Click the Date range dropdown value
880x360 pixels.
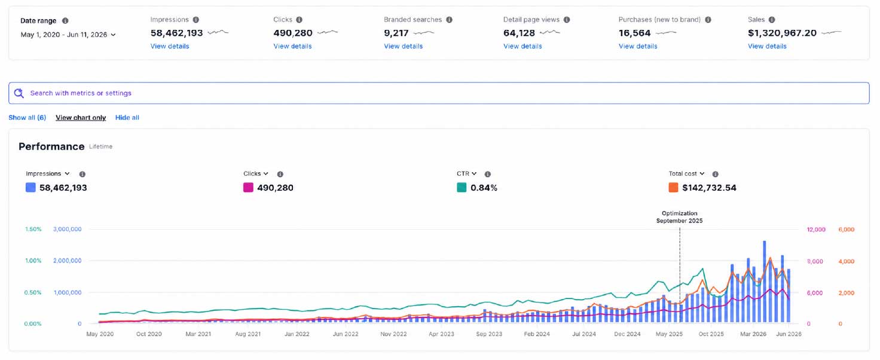pyautogui.click(x=68, y=35)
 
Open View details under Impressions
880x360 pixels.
pyautogui.click(x=170, y=46)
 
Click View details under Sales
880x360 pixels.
pyautogui.click(x=767, y=46)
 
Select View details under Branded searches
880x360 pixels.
pyautogui.click(x=403, y=46)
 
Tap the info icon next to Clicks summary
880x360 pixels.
pyautogui.click(x=300, y=20)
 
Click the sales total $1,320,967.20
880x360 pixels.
pyautogui.click(x=782, y=33)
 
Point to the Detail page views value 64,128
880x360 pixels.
pyautogui.click(x=519, y=33)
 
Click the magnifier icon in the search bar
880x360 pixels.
pyautogui.click(x=19, y=93)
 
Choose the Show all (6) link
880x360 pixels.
pyautogui.click(x=27, y=118)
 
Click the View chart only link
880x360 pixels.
pyautogui.click(x=81, y=118)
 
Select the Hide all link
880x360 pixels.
pyautogui.click(x=127, y=118)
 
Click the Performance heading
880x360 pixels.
pyautogui.click(x=51, y=147)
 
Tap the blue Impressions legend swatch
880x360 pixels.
pyautogui.click(x=30, y=187)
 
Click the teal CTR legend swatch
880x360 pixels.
pyautogui.click(x=462, y=187)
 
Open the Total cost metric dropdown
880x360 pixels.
pyautogui.click(x=686, y=173)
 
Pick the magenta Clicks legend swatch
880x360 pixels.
pyautogui.click(x=248, y=187)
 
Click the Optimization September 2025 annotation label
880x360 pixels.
pyautogui.click(x=679, y=217)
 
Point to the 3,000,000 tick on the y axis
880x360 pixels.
pyautogui.click(x=67, y=229)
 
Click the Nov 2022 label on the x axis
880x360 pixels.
pyautogui.click(x=393, y=334)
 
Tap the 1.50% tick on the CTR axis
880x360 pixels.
pyautogui.click(x=33, y=229)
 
